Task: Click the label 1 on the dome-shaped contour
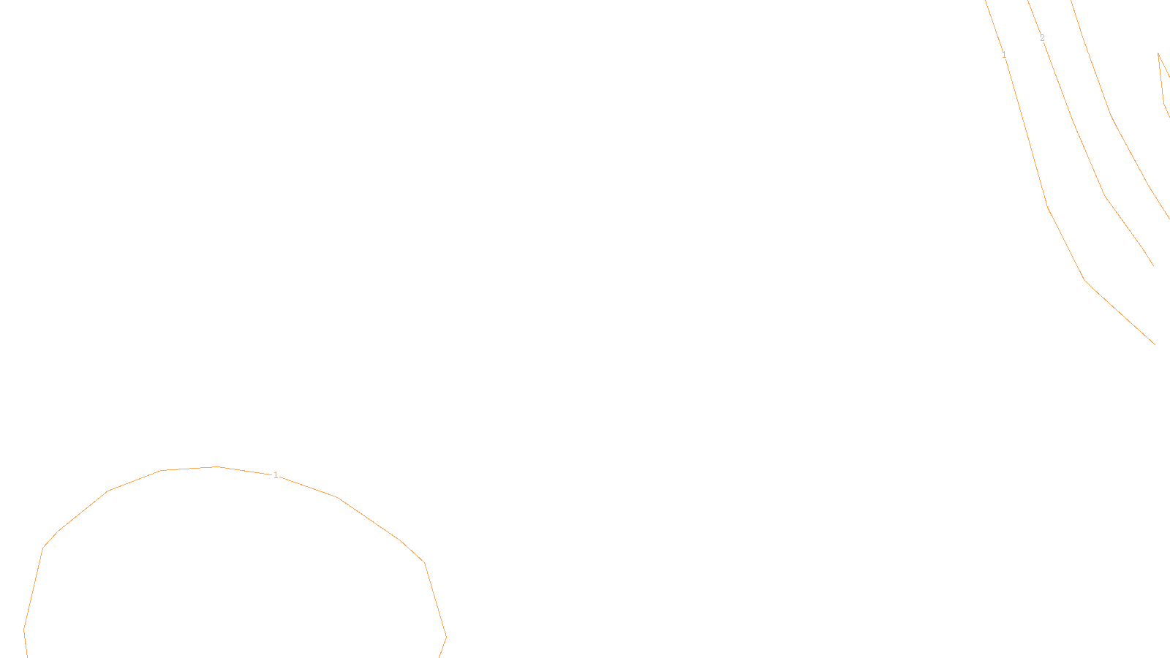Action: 275,475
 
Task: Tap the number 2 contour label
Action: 1042,38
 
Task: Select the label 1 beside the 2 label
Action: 1004,55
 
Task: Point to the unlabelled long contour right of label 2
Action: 1111,114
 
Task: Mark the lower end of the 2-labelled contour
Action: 1153,265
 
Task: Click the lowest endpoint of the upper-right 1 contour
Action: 1155,344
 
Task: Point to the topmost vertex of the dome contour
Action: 216,466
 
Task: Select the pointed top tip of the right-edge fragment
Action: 1158,53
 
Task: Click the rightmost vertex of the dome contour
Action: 446,637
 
